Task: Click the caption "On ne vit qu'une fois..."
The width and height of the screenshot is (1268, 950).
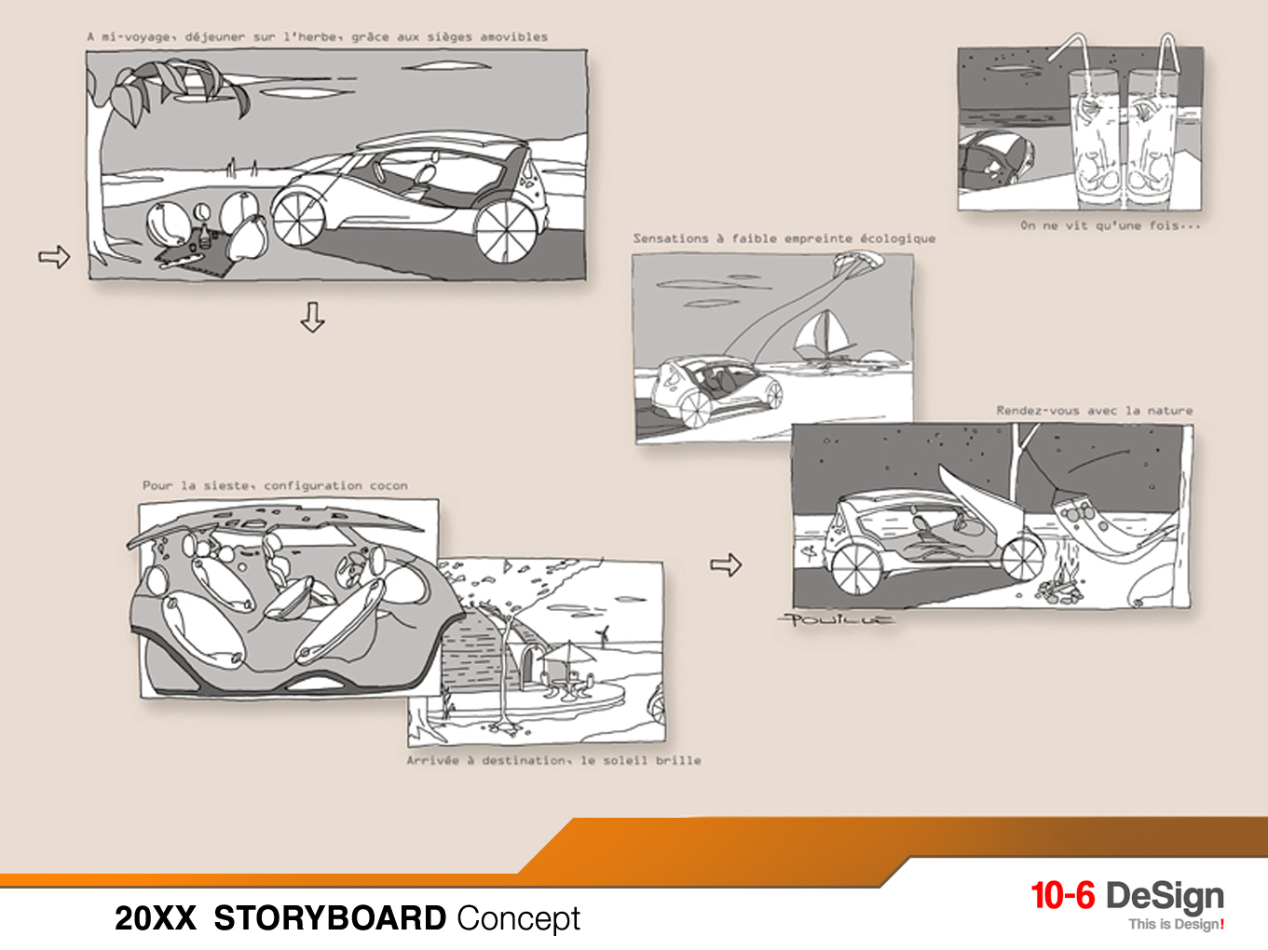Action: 1110,225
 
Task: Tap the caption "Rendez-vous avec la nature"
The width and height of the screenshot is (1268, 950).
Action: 1094,410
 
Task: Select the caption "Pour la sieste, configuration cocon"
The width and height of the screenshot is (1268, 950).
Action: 275,485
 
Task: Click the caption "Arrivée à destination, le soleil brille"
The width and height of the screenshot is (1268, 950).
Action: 553,760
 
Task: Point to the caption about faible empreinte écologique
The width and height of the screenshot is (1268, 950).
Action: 784,238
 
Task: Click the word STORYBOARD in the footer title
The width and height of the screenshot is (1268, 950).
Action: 330,918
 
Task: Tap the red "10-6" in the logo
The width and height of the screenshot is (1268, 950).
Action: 1062,896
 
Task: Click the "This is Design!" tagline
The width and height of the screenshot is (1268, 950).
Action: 1176,924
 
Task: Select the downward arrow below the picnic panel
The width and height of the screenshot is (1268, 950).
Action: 313,317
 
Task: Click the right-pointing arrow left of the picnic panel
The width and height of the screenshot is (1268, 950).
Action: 54,256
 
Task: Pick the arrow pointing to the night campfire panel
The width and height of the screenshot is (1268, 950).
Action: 726,564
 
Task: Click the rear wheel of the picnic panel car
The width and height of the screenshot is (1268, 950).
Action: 506,230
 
